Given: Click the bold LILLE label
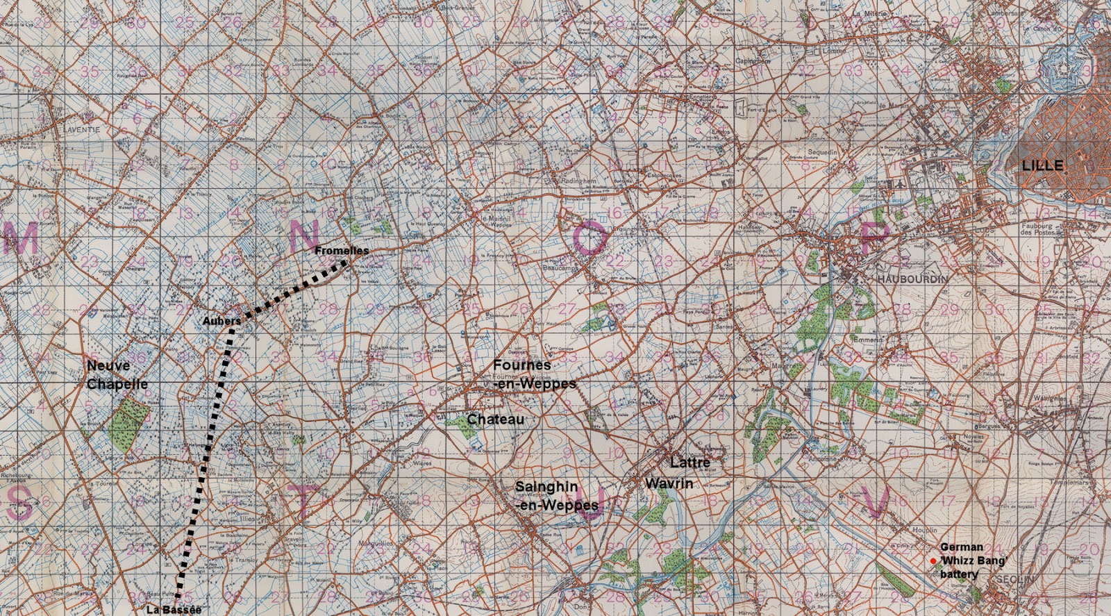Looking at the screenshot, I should (x=1042, y=165).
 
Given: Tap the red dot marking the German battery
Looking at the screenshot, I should (x=933, y=560).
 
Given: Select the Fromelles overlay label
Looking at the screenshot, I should (x=342, y=251).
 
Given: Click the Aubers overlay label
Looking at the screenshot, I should (x=222, y=321).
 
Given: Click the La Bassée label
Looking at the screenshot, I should (x=174, y=610).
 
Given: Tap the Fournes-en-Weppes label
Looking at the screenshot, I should (x=534, y=374).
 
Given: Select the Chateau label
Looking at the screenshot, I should (x=495, y=419).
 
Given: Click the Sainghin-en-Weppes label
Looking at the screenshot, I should (x=556, y=496).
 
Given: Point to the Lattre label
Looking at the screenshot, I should (x=690, y=463).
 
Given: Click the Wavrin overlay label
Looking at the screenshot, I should (x=669, y=483).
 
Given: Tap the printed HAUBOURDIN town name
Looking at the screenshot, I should (x=912, y=278).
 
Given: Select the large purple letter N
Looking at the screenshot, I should (x=303, y=236).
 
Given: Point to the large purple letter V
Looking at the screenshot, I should (x=876, y=502).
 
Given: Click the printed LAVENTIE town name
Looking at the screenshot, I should (x=81, y=130).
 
